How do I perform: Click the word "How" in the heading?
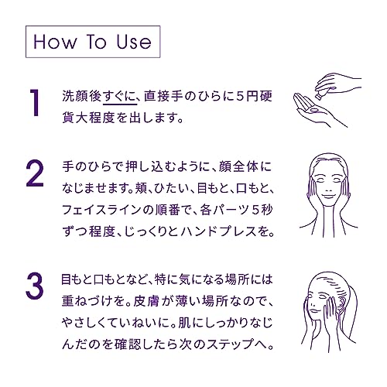55,42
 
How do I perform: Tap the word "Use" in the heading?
134,42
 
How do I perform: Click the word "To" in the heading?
96,42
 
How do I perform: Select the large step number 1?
35,102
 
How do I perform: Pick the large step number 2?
35,173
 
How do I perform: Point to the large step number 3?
34,286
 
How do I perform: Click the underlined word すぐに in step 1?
119,96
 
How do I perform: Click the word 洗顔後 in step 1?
81,96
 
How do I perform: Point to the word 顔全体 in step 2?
238,166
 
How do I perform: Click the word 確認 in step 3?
128,344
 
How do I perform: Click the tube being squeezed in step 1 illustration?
324,92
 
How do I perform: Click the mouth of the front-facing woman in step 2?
328,196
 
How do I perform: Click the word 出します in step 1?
154,118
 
